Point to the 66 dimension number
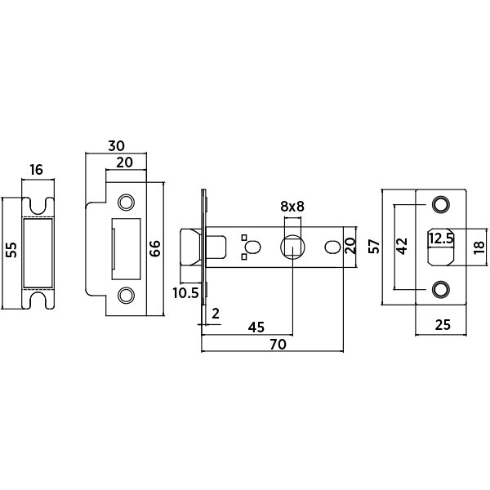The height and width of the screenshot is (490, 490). tap(155, 247)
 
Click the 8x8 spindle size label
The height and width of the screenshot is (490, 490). tap(292, 207)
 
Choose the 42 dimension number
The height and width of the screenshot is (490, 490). tap(403, 247)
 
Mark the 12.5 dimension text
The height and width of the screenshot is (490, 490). tap(441, 238)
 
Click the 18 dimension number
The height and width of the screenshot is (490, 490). tap(479, 247)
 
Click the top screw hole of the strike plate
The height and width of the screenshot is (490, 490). tap(126, 202)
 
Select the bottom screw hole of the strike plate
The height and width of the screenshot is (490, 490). tap(126, 295)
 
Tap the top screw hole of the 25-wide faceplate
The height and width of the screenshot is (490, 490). tap(441, 203)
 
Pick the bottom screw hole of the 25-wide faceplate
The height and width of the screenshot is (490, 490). tap(441, 288)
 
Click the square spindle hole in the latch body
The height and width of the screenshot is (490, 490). tap(292, 247)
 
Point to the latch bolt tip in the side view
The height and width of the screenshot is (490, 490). tap(187, 247)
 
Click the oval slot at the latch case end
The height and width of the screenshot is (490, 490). tap(332, 247)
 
